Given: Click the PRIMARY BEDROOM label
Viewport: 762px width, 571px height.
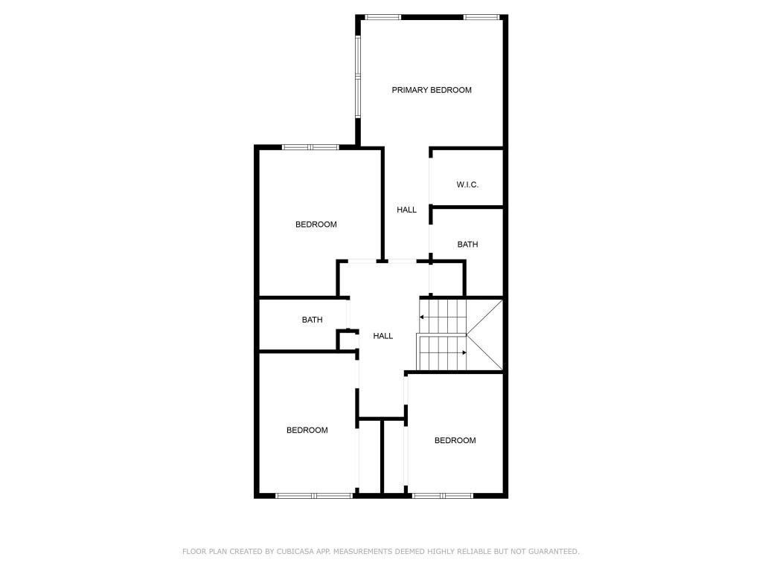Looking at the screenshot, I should click(432, 90).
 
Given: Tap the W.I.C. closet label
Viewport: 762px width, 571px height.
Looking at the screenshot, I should click(467, 184).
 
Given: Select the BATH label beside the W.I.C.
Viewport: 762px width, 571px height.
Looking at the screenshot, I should click(467, 244).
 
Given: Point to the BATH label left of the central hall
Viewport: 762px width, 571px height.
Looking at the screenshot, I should click(312, 320).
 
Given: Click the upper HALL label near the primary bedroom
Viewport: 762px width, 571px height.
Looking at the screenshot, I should click(406, 210).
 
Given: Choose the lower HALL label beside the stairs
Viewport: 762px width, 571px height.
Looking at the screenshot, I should click(382, 336).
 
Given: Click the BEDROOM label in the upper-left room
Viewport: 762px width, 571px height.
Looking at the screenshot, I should click(316, 225).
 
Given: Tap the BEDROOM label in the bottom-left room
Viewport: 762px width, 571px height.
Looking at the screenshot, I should click(307, 430).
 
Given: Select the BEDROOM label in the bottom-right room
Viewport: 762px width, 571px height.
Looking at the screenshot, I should click(455, 440).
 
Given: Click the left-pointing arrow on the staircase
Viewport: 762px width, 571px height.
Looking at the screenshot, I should click(423, 317).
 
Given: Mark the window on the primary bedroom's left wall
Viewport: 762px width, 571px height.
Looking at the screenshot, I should click(358, 77).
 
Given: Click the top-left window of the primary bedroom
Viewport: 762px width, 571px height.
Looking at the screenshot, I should click(382, 16).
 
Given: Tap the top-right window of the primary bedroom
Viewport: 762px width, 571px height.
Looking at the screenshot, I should click(481, 16).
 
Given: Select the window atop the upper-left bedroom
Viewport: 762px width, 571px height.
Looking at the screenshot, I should click(310, 147).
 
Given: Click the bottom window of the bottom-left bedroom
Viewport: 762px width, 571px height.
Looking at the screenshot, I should click(313, 495).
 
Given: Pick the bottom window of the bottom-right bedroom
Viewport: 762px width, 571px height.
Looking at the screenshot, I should click(442, 495).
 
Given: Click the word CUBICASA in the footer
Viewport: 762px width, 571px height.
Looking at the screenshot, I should click(274, 552).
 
